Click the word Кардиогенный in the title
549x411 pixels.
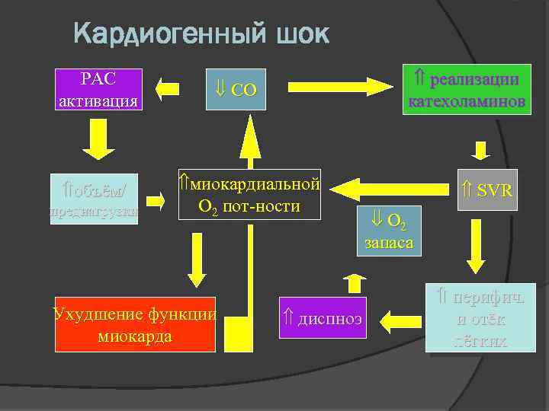(169, 34)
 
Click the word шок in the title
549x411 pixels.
(300, 34)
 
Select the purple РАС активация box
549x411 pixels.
(98, 90)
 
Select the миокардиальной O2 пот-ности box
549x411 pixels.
(250, 195)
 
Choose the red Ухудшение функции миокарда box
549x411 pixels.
(135, 324)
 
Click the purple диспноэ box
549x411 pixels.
(323, 317)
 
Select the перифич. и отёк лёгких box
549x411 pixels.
(480, 318)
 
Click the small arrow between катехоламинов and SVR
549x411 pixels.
(480, 150)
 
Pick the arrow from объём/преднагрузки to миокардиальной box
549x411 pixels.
(156, 201)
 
